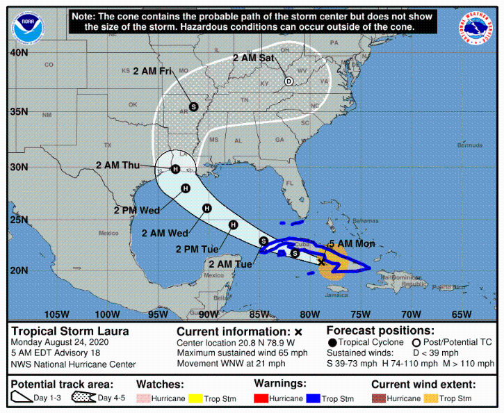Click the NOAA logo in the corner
[x=26, y=26]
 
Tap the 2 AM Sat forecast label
[x=254, y=58]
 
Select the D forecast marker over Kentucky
[x=288, y=81]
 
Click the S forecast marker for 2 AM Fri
[x=193, y=107]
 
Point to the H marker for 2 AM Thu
[x=175, y=169]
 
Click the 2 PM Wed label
[x=137, y=210]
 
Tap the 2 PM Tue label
[x=197, y=248]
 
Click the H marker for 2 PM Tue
[x=234, y=225]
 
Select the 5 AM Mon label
[x=352, y=243]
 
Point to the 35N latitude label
[x=19, y=111]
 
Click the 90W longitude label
[x=209, y=314]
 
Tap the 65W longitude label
[x=462, y=314]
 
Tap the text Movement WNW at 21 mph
[x=231, y=363]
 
